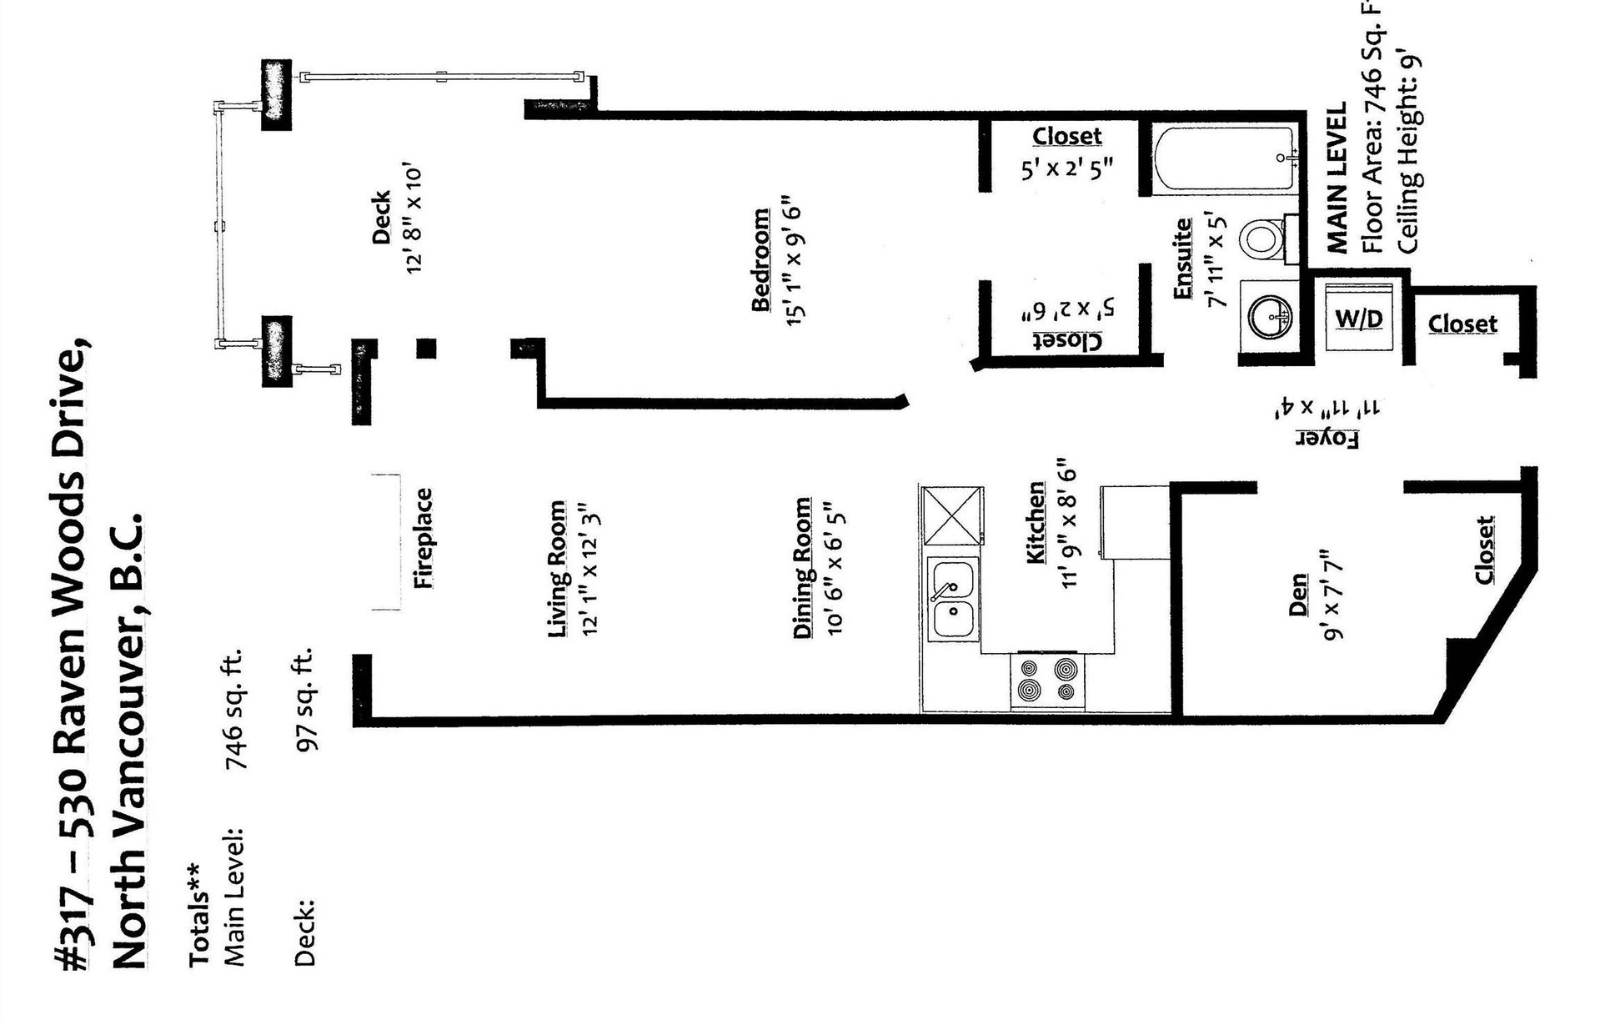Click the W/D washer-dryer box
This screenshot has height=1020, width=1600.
point(1359,318)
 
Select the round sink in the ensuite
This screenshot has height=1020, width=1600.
point(1269,315)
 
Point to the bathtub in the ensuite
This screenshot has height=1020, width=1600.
point(1225,160)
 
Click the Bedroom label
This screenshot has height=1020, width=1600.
point(760,259)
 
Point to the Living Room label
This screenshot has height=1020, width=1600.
point(558,570)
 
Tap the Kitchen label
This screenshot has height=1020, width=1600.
point(1036,522)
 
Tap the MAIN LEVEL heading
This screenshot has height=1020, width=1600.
point(1337,178)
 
